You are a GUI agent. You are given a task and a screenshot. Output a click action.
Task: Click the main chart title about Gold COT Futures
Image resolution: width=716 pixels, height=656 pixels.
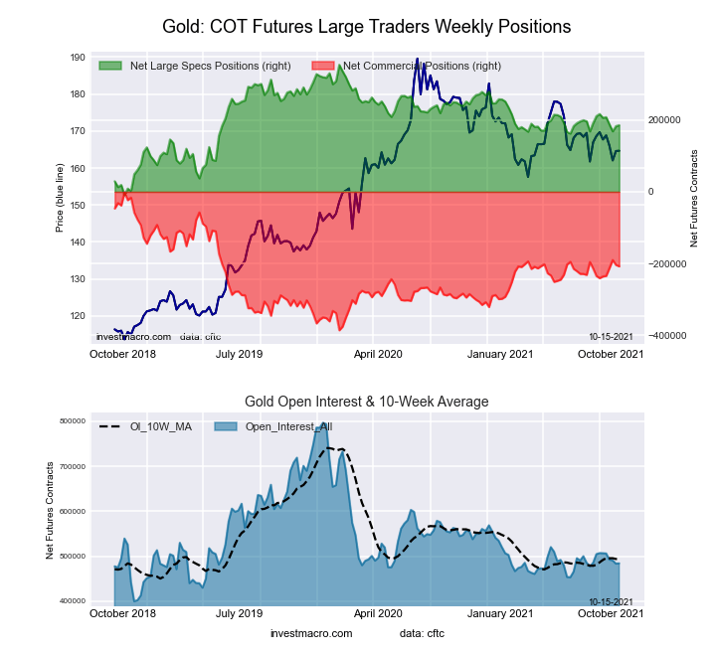pos(367,27)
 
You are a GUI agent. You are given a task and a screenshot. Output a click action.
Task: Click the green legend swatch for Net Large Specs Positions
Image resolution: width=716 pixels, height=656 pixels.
pos(110,66)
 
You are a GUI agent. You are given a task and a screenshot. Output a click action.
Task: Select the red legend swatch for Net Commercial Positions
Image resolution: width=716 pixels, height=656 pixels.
pos(323,66)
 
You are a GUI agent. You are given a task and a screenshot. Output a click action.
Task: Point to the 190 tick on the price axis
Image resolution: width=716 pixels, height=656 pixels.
pos(78,58)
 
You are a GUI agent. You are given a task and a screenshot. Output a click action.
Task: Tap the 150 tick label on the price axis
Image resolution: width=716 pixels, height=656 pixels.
pos(78,206)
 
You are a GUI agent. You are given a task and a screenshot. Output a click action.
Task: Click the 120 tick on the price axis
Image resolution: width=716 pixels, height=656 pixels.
pos(78,316)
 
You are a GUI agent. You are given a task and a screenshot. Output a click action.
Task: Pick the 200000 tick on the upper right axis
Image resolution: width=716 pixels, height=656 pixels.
pos(667,119)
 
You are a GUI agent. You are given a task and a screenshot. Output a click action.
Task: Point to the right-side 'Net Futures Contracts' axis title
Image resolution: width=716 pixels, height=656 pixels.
pos(693,199)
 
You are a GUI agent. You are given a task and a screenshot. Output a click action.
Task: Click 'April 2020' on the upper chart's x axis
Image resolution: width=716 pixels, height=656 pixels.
pos(378,353)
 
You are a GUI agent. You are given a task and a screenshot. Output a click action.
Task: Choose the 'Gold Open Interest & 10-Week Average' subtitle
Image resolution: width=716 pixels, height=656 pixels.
pos(367,402)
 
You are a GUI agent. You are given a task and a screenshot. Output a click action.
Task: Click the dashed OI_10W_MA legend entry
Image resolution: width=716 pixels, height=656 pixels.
pos(146,426)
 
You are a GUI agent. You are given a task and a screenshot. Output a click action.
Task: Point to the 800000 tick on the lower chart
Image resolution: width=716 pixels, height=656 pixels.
pos(73,421)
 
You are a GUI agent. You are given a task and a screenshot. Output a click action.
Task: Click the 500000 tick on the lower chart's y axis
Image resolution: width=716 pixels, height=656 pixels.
pos(73,557)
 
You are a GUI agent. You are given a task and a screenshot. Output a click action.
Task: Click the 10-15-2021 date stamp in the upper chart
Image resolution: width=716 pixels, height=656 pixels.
pos(611,337)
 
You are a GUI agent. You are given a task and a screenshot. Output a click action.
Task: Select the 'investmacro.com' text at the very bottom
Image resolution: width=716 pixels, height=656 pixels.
pos(311,633)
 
